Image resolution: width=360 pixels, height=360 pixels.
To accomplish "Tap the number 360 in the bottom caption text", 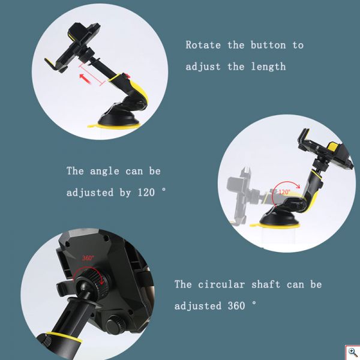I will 238,305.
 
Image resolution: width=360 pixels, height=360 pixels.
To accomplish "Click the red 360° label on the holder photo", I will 88,258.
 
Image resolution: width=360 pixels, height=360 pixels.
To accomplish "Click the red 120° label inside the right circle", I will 284,192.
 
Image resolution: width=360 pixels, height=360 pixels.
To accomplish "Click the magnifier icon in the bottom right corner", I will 352,352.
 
